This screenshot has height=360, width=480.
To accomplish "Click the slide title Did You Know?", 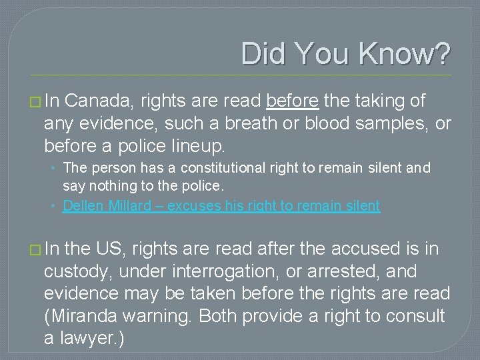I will coord(345,54).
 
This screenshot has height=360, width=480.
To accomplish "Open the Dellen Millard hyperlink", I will coord(221,206).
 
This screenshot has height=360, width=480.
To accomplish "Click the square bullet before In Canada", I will coord(35,101).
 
